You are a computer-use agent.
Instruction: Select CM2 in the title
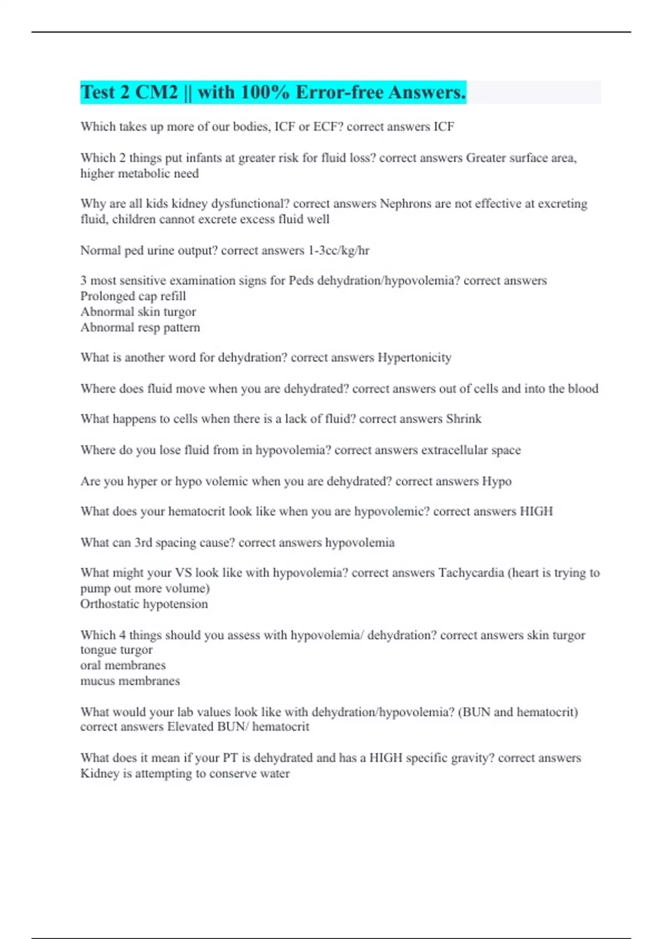click(x=156, y=92)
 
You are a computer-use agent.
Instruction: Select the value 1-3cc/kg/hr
click(x=339, y=251)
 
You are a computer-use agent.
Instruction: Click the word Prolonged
click(x=105, y=296)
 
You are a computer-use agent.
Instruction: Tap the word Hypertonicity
click(x=414, y=358)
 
